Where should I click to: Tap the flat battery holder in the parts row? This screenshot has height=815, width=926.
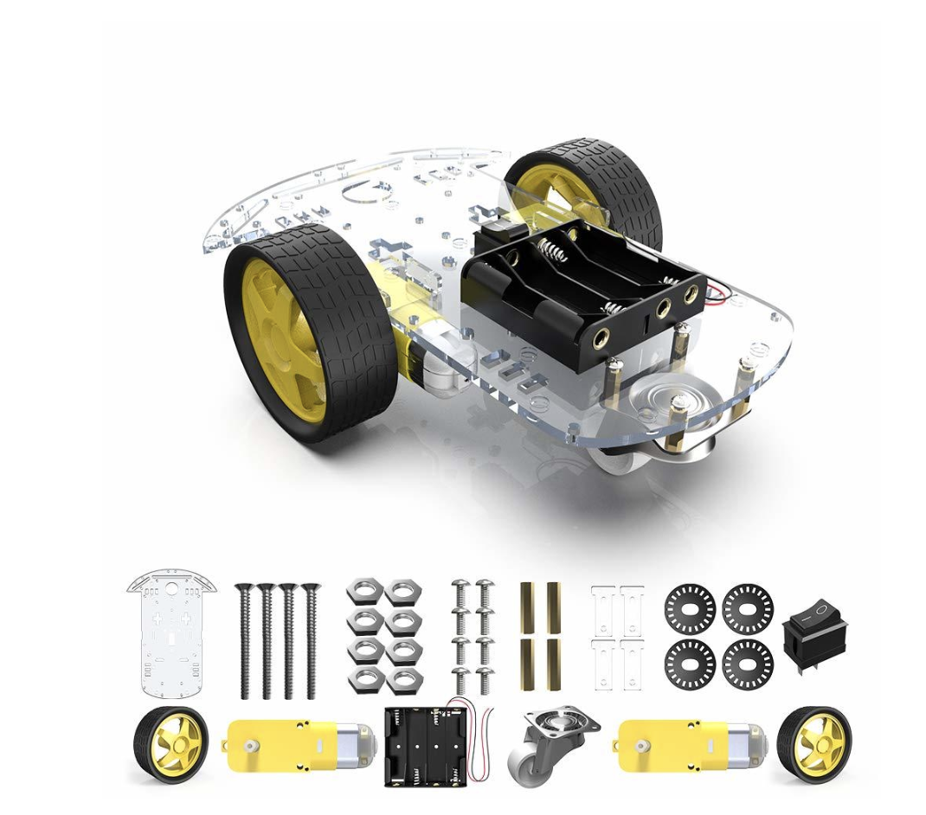pyautogui.click(x=426, y=745)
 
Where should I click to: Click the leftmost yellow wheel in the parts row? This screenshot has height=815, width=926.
pyautogui.click(x=170, y=744)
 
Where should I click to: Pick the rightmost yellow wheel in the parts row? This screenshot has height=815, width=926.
pyautogui.click(x=813, y=744)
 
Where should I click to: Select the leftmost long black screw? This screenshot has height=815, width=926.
pyautogui.click(x=244, y=640)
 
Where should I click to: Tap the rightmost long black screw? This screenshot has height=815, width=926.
pyautogui.click(x=311, y=640)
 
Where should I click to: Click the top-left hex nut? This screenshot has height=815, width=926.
pyautogui.click(x=364, y=593)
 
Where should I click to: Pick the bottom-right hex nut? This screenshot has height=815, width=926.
pyautogui.click(x=403, y=680)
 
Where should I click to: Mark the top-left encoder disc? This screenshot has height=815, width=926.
pyautogui.click(x=690, y=609)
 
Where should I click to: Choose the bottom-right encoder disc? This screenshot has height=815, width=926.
pyautogui.click(x=748, y=664)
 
